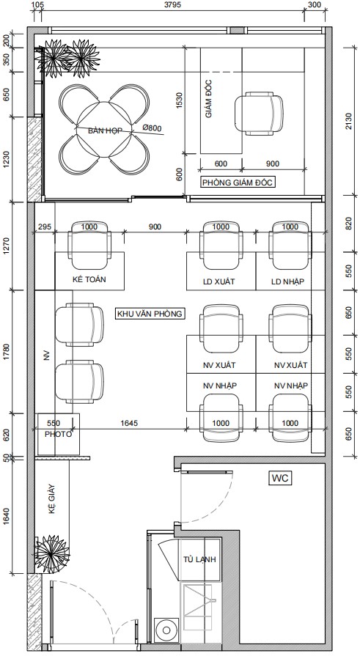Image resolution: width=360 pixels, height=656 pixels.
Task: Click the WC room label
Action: tap(280, 478)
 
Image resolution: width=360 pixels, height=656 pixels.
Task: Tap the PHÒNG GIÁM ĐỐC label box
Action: tap(238, 183)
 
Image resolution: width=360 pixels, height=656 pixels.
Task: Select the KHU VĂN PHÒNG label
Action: tap(150, 314)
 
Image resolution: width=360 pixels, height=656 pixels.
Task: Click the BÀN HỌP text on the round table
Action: tap(105, 131)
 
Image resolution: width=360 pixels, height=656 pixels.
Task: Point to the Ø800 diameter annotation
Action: tap(152, 128)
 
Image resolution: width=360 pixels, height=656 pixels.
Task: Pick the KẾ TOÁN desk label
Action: tap(89, 279)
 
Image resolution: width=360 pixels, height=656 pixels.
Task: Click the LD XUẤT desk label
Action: tap(219, 281)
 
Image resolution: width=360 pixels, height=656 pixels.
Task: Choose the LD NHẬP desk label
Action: tap(287, 281)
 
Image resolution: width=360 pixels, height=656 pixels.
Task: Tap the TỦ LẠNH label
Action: tap(199, 559)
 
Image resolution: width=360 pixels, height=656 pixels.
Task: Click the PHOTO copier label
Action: tap(58, 434)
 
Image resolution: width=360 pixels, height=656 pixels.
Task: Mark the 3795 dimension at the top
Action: tap(172, 5)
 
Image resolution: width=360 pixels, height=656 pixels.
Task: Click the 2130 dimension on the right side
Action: tap(349, 121)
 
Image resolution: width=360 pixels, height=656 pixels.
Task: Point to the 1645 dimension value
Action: tap(129, 424)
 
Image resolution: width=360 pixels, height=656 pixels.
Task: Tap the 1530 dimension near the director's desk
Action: tap(180, 100)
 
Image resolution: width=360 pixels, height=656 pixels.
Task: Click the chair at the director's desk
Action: tap(259, 114)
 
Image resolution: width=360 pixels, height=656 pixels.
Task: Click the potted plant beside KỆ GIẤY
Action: tap(52, 553)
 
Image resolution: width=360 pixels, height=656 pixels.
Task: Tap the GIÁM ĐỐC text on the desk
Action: tap(209, 100)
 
